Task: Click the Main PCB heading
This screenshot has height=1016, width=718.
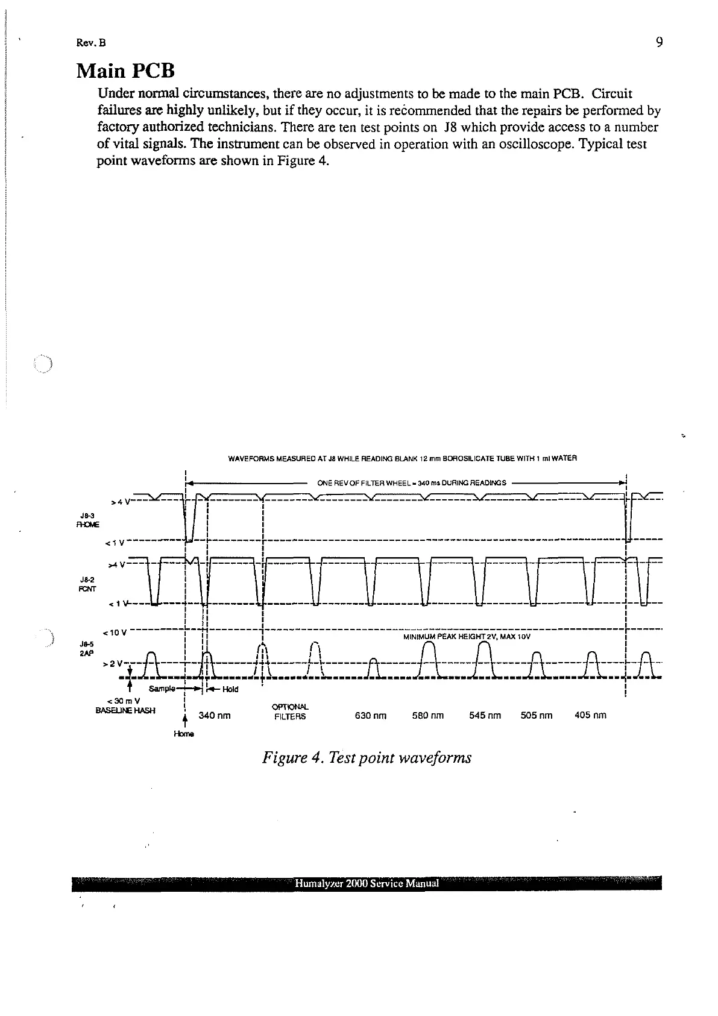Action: point(125,71)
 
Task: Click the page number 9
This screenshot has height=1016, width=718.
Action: point(659,42)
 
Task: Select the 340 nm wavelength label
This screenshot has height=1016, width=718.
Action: point(215,716)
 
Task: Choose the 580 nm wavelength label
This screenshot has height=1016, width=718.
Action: point(427,716)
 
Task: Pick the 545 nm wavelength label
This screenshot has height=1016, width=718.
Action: point(485,716)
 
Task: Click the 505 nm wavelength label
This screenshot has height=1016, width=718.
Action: point(537,716)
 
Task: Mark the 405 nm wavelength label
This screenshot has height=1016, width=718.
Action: point(590,716)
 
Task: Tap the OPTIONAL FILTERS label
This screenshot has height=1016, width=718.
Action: point(290,712)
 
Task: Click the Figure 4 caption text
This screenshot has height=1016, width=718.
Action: point(367,757)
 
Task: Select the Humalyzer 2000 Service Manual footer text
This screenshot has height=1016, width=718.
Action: point(367,884)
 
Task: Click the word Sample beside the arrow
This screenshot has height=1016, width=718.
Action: point(162,689)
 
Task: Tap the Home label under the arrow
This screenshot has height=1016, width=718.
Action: point(183,734)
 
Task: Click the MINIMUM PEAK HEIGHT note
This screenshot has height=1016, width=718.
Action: point(466,636)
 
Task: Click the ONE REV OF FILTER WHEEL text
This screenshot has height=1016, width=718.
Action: point(411,482)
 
